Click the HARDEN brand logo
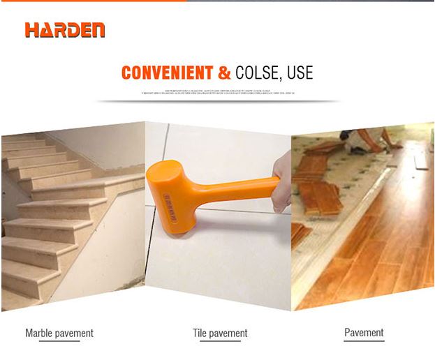click(x=65, y=30)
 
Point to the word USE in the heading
click(x=299, y=73)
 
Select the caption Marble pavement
click(x=59, y=333)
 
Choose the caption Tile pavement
click(x=220, y=333)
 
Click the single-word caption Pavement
click(x=364, y=333)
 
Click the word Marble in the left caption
click(x=40, y=333)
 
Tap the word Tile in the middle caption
click(x=200, y=333)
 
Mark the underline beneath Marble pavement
click(x=59, y=341)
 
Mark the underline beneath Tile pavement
click(x=220, y=341)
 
